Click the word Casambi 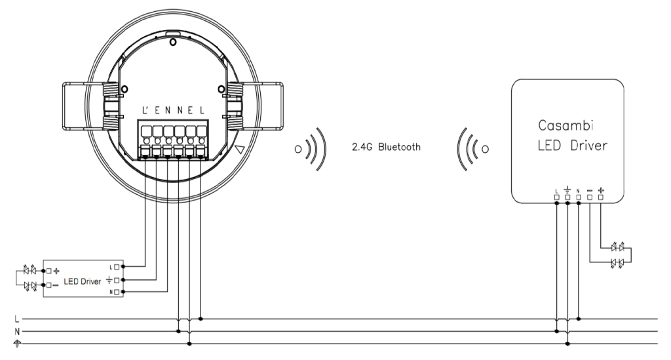click(x=566, y=125)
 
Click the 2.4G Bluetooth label click(x=386, y=148)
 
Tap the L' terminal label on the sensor click(x=145, y=110)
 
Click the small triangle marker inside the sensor click(x=240, y=150)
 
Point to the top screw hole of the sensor click(x=173, y=43)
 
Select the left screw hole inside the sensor click(x=124, y=89)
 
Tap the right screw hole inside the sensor click(x=221, y=89)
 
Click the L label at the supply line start click(x=16, y=319)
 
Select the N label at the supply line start click(x=16, y=331)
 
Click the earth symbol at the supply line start click(x=17, y=344)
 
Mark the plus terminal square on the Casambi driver click(x=601, y=197)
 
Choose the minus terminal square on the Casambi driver click(x=590, y=197)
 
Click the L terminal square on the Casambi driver click(x=557, y=197)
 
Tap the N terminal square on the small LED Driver click(x=117, y=292)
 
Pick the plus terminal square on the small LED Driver click(x=48, y=271)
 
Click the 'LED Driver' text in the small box click(x=83, y=281)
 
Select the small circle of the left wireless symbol click(x=298, y=150)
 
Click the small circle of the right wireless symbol click(x=485, y=150)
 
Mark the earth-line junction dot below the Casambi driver click(x=568, y=344)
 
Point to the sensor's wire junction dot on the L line click(x=201, y=319)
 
